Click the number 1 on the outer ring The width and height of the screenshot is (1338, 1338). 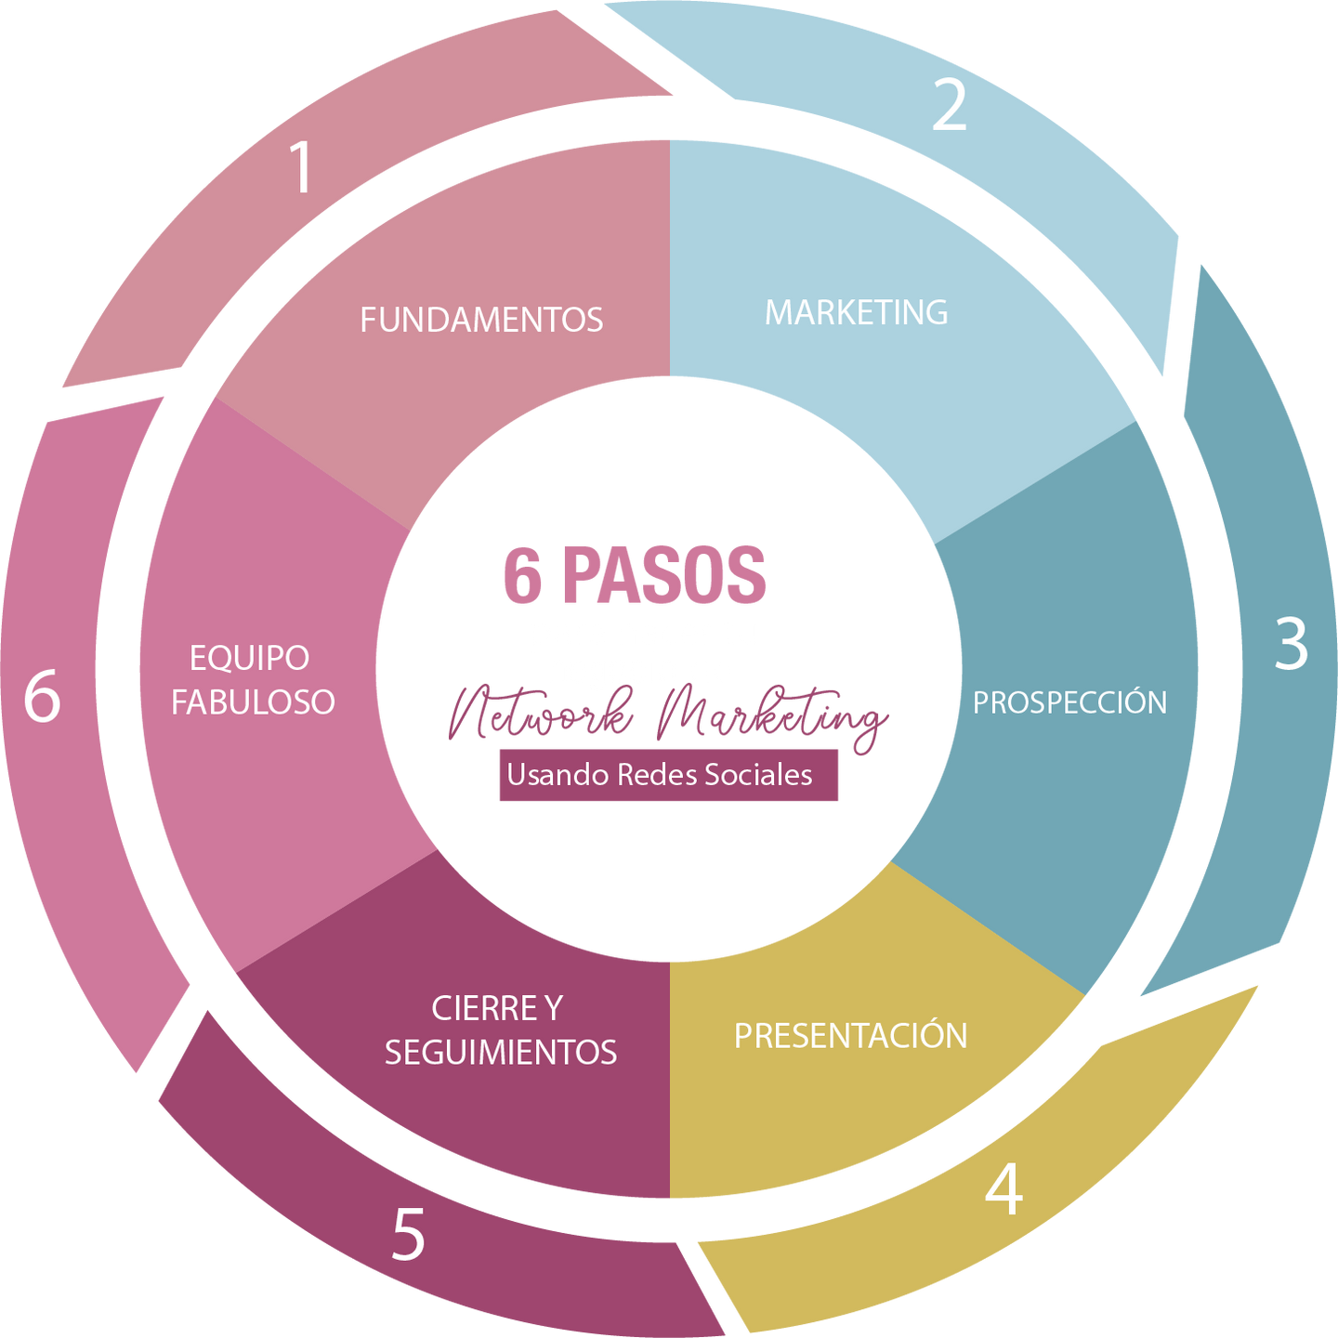[300, 167]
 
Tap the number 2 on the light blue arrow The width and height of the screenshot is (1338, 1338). [949, 105]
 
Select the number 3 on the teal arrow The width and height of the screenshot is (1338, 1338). [1291, 643]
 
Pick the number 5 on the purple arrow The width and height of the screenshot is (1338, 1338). [408, 1234]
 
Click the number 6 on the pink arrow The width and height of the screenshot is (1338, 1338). [42, 696]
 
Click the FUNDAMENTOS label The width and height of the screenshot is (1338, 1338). [481, 320]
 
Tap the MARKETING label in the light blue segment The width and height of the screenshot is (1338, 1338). [856, 312]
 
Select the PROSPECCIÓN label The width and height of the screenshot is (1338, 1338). [1069, 702]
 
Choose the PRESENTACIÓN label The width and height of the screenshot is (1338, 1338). [850, 1035]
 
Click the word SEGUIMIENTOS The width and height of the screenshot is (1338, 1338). [501, 1052]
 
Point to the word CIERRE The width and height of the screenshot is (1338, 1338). [470, 1008]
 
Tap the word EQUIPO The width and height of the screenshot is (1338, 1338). [249, 658]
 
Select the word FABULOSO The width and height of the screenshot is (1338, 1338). [253, 702]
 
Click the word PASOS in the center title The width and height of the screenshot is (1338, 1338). [664, 576]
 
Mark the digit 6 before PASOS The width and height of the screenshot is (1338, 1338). [522, 576]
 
